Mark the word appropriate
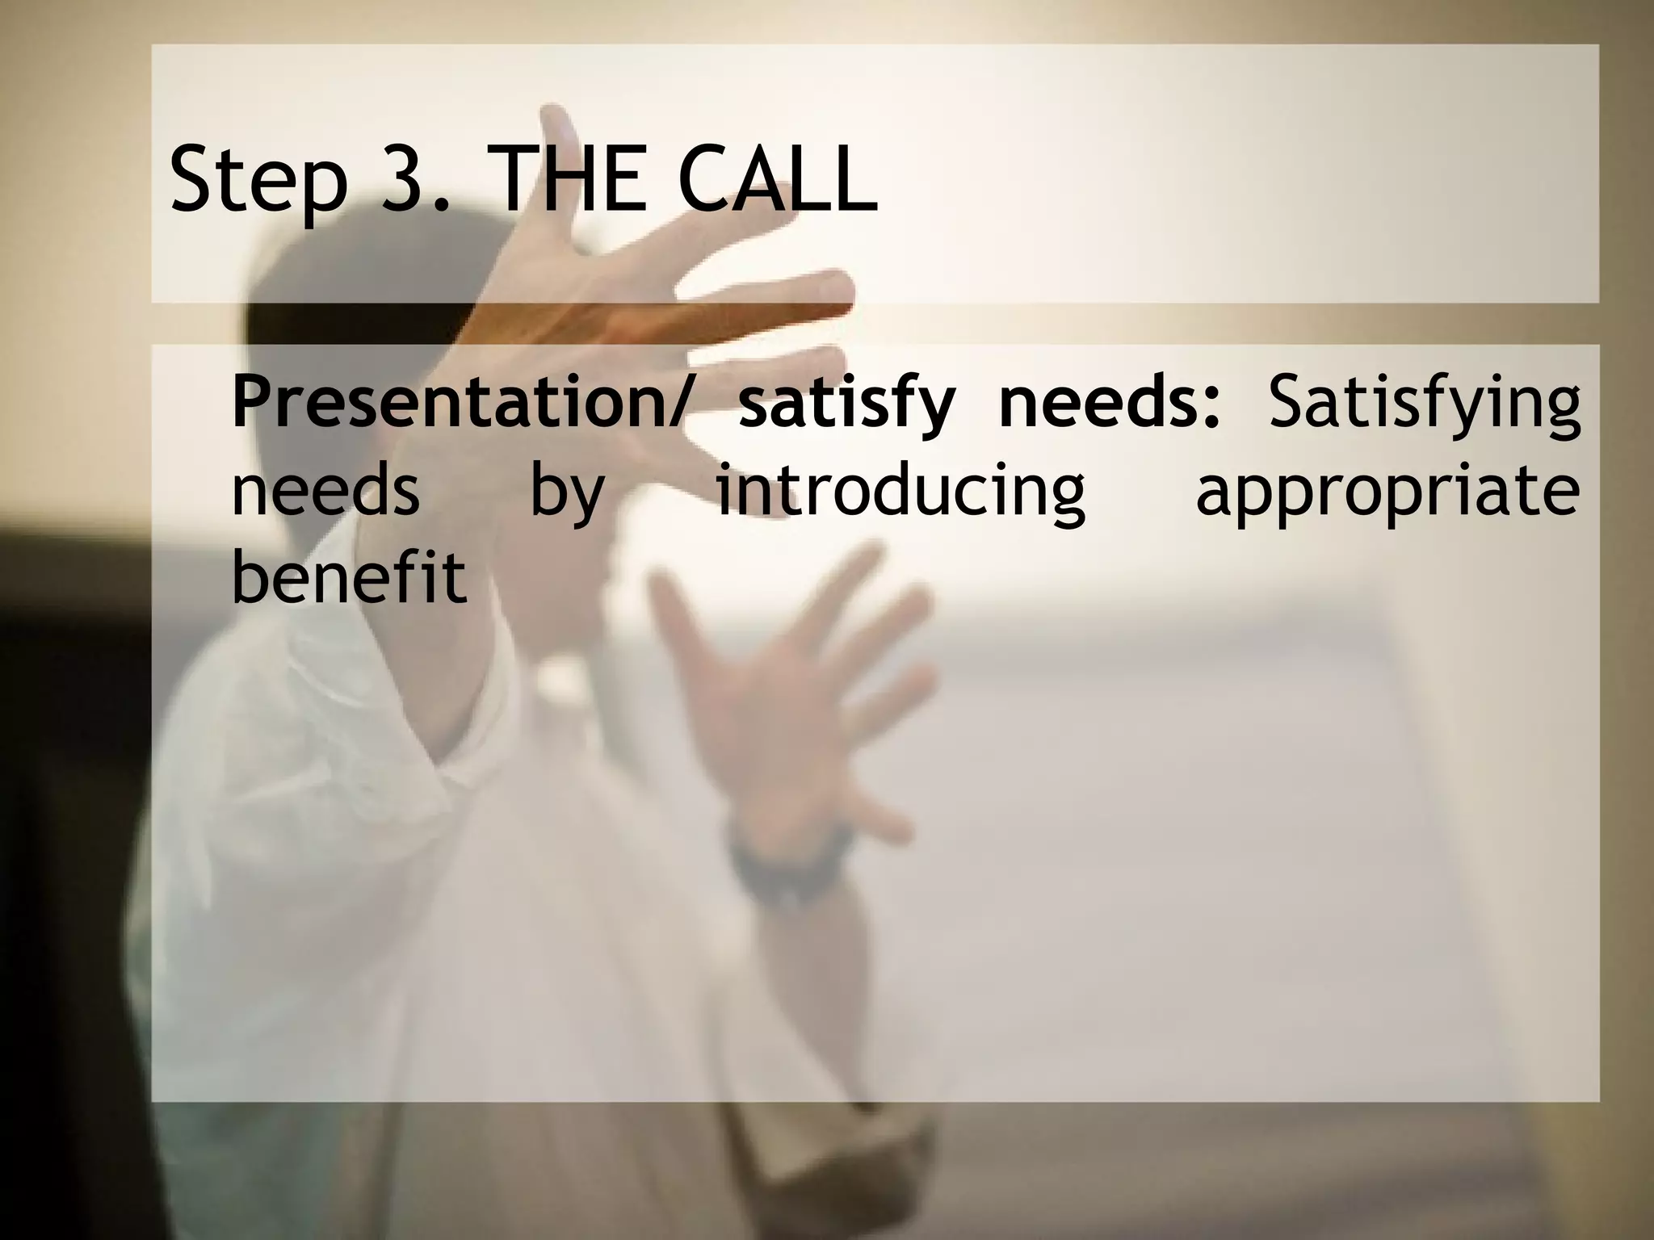click(x=1387, y=494)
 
